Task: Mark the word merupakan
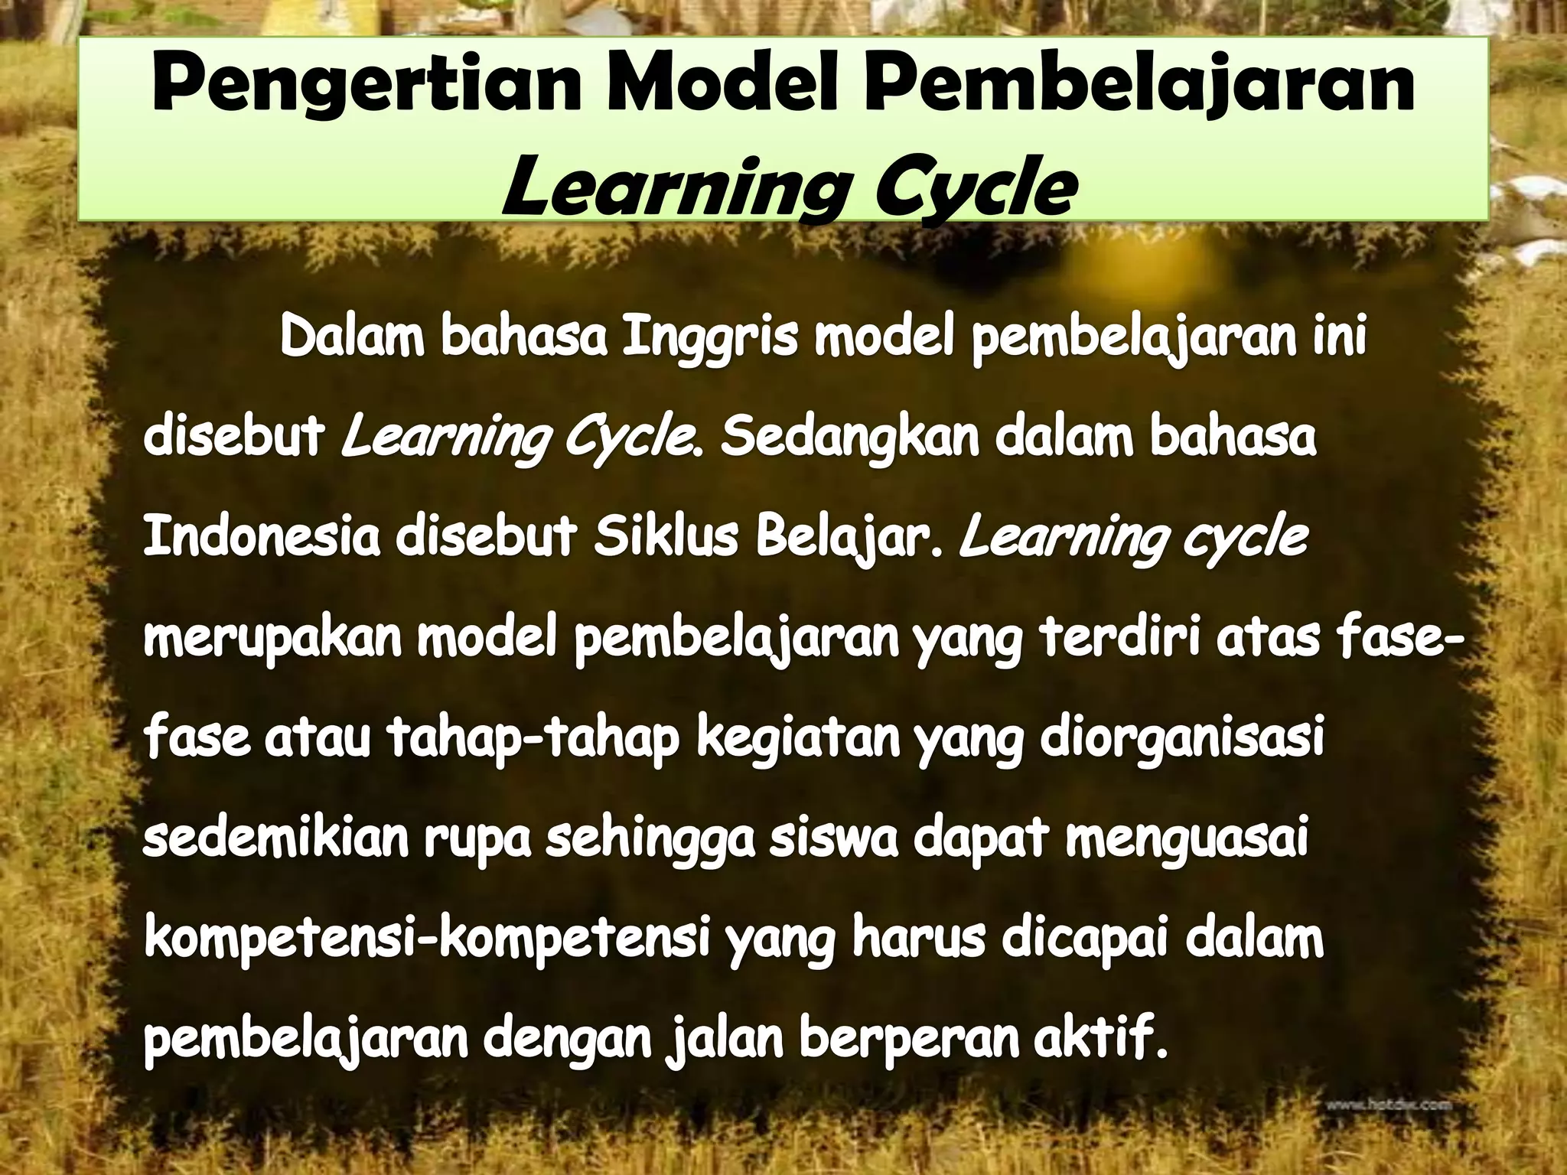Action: (272, 641)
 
